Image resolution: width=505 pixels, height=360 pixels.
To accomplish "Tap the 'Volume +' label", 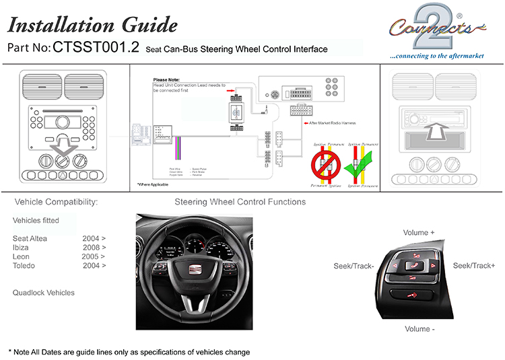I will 419,233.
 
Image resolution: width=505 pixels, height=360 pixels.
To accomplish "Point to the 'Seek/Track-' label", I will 353,266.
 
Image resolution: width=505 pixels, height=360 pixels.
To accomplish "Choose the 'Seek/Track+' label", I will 474,266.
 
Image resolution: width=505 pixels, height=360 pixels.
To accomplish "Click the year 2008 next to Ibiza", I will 94,248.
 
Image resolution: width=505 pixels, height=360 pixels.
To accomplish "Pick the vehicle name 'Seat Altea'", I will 30,238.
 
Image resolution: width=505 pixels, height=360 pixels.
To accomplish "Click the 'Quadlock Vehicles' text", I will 44,293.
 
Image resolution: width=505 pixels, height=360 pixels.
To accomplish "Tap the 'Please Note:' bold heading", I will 168,80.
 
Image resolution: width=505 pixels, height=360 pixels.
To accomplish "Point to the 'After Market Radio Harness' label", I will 332,124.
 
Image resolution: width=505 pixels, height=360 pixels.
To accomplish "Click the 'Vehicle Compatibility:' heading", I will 56,202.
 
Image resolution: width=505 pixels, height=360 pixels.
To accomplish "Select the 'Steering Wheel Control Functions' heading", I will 240,202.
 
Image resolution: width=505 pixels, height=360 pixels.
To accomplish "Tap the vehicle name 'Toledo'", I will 25,266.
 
